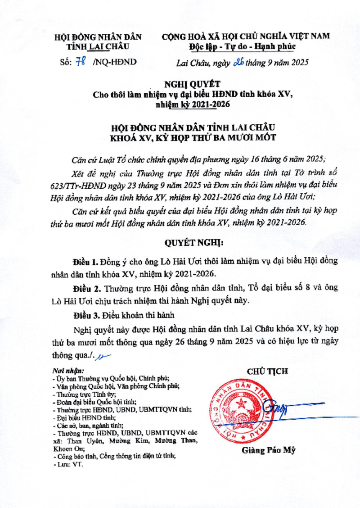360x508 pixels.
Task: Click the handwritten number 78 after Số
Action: coord(81,63)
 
